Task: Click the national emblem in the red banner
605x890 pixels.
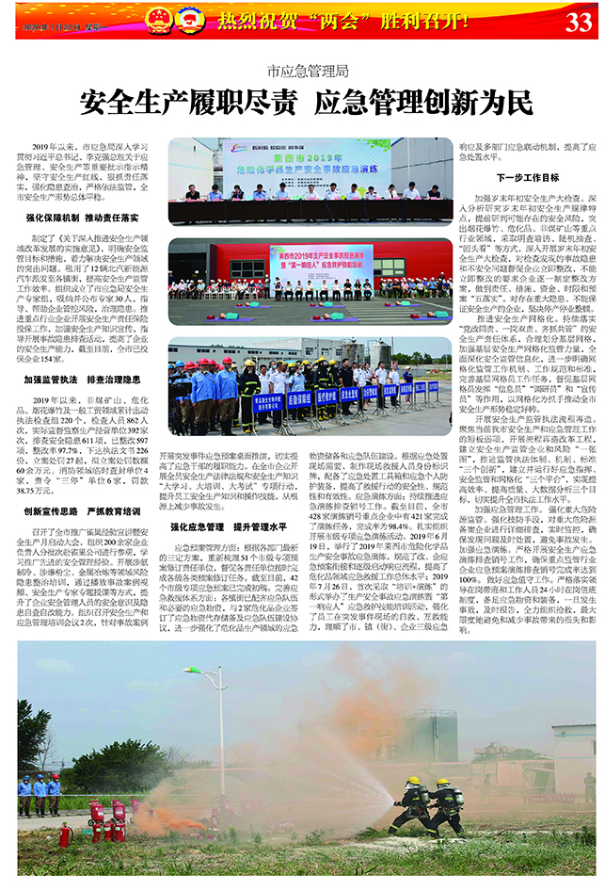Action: pyautogui.click(x=160, y=18)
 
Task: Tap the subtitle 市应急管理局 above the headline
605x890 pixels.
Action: pyautogui.click(x=308, y=70)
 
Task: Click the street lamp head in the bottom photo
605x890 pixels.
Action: pyautogui.click(x=192, y=671)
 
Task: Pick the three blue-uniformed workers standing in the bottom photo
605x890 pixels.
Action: pyautogui.click(x=38, y=793)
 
